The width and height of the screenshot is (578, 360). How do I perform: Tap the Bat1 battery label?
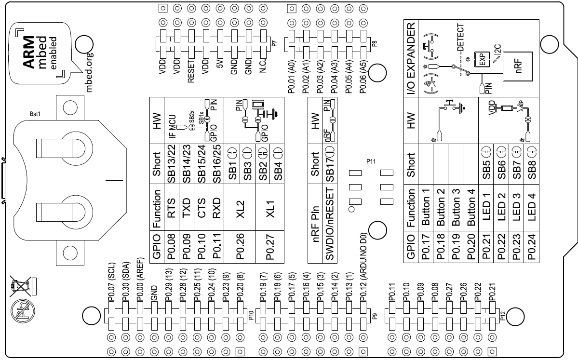[35, 114]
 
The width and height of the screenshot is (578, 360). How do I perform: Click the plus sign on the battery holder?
[114, 181]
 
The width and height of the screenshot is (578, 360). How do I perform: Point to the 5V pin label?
[220, 64]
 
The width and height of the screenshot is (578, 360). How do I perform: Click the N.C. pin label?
[263, 66]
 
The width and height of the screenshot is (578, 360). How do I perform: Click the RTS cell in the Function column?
[172, 207]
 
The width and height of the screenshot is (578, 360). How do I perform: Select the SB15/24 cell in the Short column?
[202, 163]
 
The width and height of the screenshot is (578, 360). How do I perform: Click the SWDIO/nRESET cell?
[330, 224]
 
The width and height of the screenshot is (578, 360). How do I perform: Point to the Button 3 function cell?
[456, 207]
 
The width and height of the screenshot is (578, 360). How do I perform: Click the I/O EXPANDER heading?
[411, 58]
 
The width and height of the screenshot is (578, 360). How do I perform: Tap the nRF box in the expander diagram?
[518, 66]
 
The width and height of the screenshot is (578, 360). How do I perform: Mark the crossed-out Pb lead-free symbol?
[23, 311]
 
